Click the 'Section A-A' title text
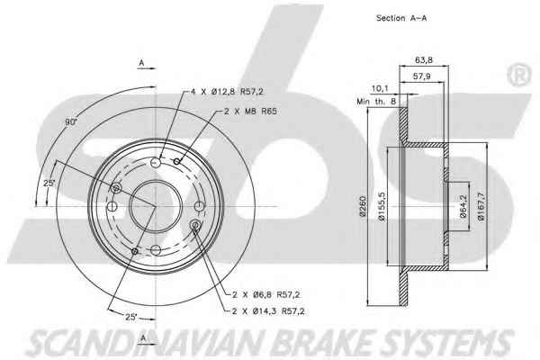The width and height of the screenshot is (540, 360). pos(401,18)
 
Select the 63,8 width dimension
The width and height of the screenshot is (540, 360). pos(424,60)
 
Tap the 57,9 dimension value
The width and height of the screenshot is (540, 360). pos(421,76)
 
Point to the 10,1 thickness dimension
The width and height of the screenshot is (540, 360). pos(380,88)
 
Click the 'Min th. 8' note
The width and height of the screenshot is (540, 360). pos(376,102)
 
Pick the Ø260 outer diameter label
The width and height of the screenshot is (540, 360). pos(363,206)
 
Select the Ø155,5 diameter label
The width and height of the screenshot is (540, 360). pos(382,206)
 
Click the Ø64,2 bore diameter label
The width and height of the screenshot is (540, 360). pos(463,206)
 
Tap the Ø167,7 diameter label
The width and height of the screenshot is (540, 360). pos(481,206)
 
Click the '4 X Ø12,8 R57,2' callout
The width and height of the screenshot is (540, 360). pos(227,92)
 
